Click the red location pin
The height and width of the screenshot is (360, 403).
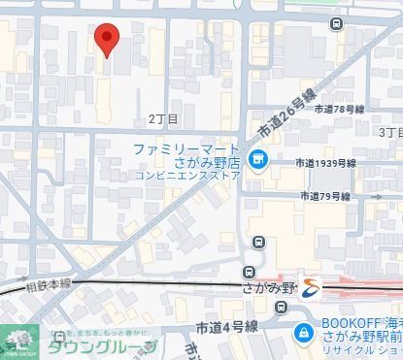106,40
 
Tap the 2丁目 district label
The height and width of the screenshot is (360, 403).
163,119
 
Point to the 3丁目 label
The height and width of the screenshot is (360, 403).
389,131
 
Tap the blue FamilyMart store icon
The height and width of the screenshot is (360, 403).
258,161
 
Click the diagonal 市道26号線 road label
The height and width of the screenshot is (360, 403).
286,115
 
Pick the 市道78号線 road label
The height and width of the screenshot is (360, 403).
340,110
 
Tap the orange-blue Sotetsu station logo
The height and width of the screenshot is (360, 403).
308,287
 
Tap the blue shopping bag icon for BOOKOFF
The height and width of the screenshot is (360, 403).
303,333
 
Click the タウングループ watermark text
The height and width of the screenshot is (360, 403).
101,345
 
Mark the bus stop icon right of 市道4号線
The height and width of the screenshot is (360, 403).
281,310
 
